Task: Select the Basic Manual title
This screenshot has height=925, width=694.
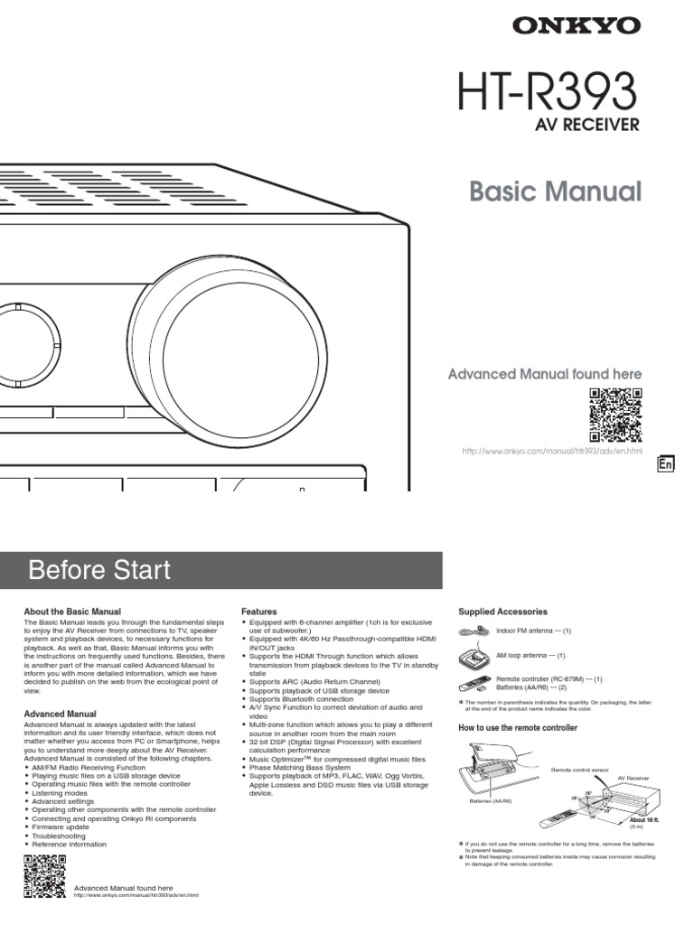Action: pyautogui.click(x=556, y=192)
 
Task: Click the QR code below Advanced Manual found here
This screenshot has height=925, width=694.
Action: pyautogui.click(x=615, y=413)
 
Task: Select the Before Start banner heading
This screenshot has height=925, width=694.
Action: pyautogui.click(x=99, y=570)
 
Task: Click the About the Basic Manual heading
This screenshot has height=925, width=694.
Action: pyautogui.click(x=72, y=612)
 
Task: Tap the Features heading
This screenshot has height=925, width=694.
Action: pyautogui.click(x=259, y=612)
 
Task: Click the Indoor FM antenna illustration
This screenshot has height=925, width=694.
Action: pyautogui.click(x=477, y=631)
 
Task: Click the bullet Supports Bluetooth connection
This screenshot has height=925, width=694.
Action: pyautogui.click(x=302, y=699)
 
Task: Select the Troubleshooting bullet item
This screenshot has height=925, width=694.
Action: pyautogui.click(x=57, y=836)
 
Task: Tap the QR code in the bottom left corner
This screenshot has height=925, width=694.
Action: pyautogui.click(x=42, y=875)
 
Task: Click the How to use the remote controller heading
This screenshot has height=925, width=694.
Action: pyautogui.click(x=519, y=727)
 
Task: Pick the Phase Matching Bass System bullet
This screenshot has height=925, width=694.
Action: pyautogui.click(x=304, y=767)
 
